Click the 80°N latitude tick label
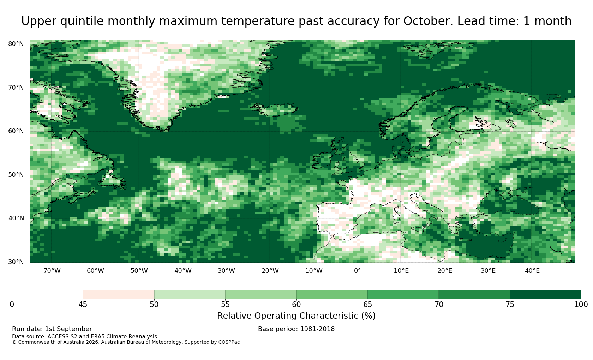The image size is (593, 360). pos(16,44)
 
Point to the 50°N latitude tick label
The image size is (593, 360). pos(16,175)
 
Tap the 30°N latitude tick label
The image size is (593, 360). pos(16,262)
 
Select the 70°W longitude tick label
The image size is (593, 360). pos(52,271)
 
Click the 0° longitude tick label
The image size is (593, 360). pos(357,271)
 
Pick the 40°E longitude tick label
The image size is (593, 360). pos(532,271)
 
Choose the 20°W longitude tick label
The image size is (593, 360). pos(270,271)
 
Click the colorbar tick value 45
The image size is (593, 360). pos(83,305)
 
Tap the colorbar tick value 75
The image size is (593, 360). pos(510,305)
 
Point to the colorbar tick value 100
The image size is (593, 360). pos(581,305)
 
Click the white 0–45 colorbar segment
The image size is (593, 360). pos(47,295)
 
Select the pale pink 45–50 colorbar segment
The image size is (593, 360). pos(119,295)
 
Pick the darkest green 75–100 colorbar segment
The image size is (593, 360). pos(545,295)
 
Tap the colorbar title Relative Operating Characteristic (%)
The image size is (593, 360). pos(296,316)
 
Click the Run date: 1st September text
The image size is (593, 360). pos(52,329)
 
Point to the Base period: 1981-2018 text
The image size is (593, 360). pos(296,329)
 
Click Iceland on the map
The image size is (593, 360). pos(275,110)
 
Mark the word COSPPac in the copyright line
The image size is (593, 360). pos(229,342)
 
